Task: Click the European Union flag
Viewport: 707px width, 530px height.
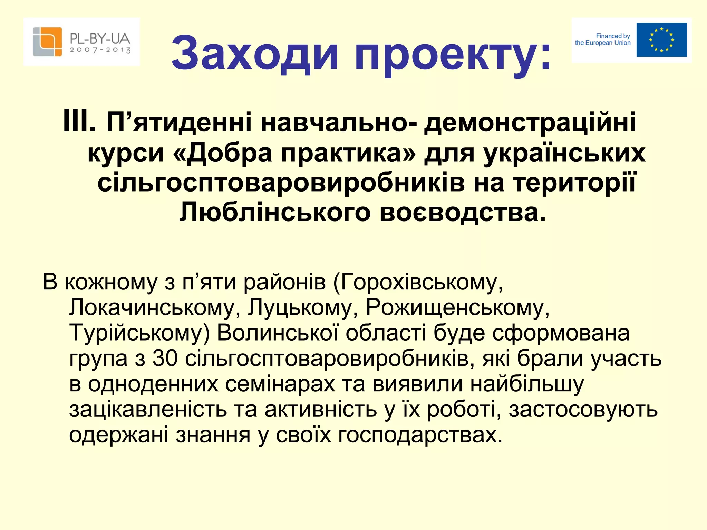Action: coord(661,40)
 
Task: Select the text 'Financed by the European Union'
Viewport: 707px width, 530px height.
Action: coord(603,39)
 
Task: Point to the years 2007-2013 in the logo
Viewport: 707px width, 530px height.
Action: coord(100,50)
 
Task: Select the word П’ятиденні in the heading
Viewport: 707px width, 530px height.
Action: coord(180,122)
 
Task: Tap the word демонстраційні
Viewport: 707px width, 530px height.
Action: coord(530,122)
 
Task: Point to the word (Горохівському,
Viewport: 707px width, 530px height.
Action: coord(418,282)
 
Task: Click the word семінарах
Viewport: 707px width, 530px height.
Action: coord(280,384)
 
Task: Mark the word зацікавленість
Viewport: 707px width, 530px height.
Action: coord(148,409)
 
